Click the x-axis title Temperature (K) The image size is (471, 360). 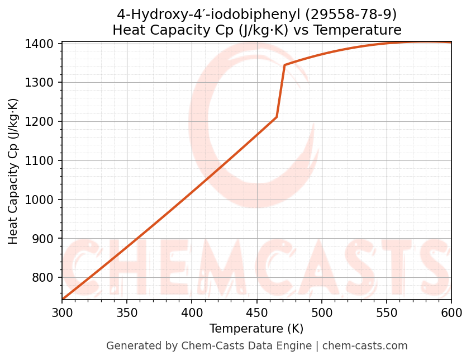(x=256, y=329)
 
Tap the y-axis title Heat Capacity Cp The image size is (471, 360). (x=13, y=171)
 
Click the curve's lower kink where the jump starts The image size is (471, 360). (x=277, y=117)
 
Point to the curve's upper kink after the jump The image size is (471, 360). (x=284, y=65)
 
